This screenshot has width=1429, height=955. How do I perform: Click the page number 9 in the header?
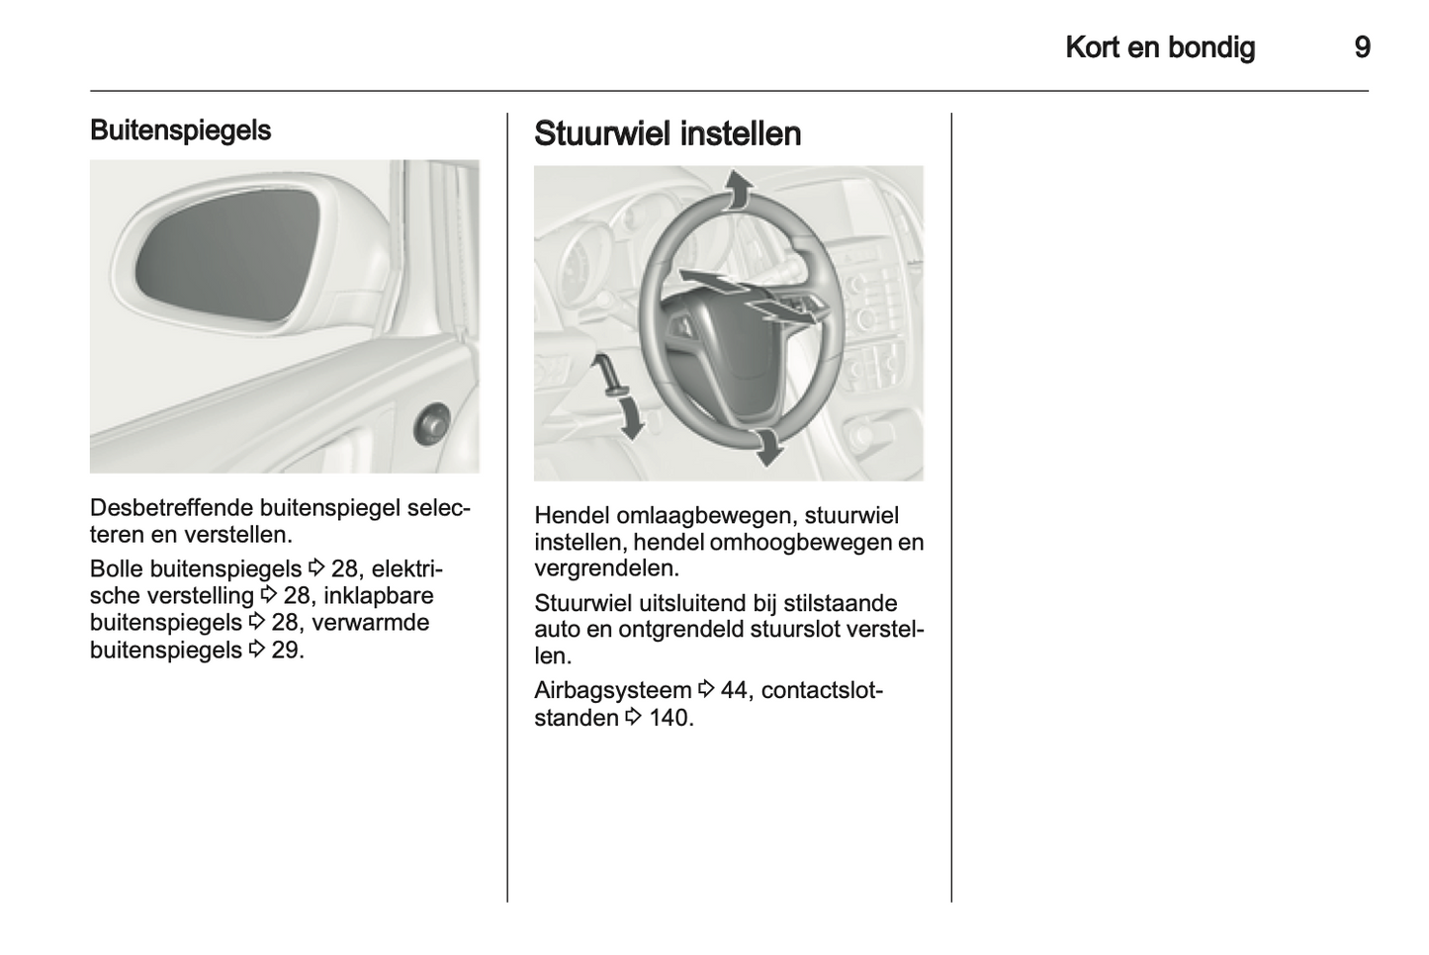1362,47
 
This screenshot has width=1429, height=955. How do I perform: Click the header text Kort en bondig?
1160,47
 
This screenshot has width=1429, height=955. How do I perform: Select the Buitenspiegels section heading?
180,130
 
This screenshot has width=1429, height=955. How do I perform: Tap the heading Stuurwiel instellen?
668,133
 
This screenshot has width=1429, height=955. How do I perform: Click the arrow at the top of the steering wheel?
735,189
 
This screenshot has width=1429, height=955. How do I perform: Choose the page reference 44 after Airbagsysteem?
734,690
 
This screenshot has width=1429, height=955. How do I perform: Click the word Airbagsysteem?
612,690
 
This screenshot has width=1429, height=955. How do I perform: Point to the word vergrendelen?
606,568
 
